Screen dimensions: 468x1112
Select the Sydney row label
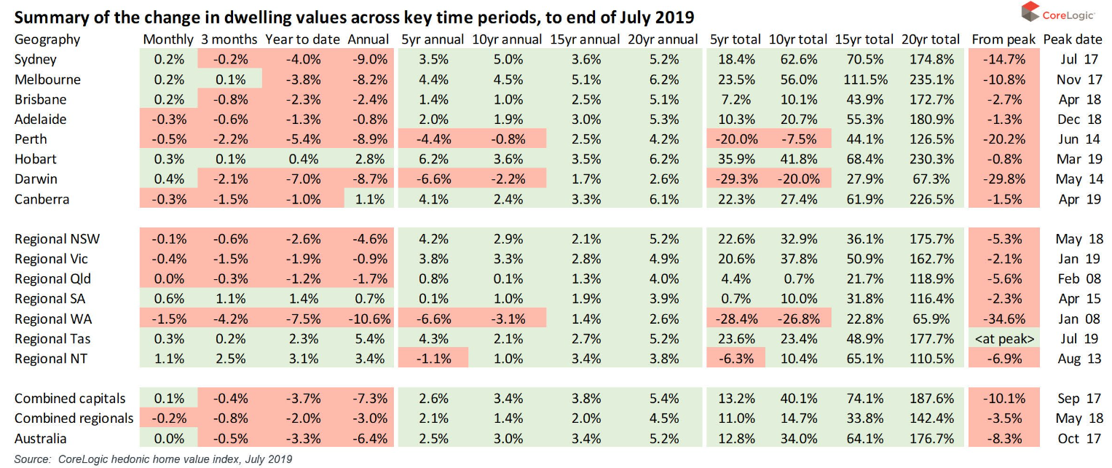coord(36,60)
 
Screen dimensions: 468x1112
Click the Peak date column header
coord(1073,39)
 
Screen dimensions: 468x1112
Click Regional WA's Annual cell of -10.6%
coord(369,319)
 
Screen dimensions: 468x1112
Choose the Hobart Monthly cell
coord(169,159)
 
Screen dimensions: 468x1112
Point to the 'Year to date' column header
coord(302,39)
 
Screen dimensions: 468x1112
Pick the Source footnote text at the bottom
coord(153,459)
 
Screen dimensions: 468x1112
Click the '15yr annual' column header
coord(585,39)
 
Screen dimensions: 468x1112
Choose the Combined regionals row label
coord(74,418)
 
